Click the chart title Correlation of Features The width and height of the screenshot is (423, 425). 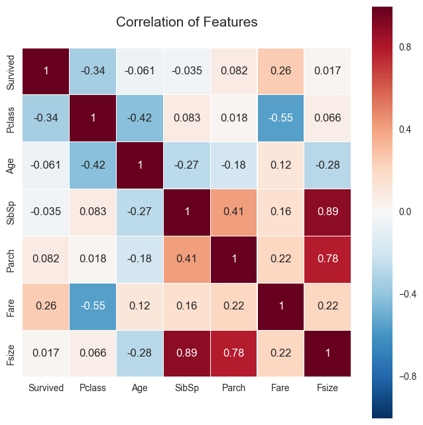(x=186, y=22)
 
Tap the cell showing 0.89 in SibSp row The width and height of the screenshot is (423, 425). (x=328, y=212)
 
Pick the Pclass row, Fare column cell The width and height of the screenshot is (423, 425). (x=281, y=118)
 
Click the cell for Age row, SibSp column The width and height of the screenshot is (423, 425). (x=187, y=165)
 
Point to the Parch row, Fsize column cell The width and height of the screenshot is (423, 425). (x=328, y=259)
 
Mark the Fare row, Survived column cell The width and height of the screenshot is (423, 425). (x=46, y=306)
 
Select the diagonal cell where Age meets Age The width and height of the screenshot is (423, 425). (x=140, y=165)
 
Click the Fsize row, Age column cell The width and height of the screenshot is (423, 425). (x=140, y=353)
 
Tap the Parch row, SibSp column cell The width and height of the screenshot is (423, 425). (x=187, y=259)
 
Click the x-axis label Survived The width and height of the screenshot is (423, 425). (x=46, y=388)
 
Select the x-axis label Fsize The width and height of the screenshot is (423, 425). (x=328, y=388)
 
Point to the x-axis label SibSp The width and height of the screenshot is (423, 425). (x=187, y=388)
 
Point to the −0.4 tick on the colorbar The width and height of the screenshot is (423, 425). (x=406, y=294)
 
